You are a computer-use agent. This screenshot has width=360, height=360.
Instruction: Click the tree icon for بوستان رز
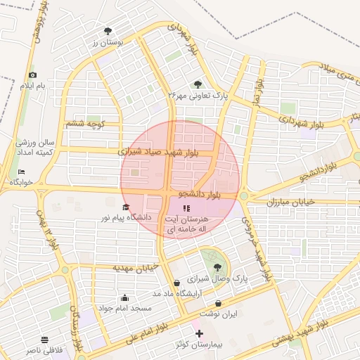[108, 31]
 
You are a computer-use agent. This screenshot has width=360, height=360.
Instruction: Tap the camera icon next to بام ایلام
[32, 75]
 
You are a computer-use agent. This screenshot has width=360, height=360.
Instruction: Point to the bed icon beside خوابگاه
[21, 172]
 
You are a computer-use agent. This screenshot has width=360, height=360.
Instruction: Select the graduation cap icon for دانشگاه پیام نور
[126, 207]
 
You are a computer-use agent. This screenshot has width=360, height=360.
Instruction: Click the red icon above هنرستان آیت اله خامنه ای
[186, 208]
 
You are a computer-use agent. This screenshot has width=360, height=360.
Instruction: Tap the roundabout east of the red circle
[245, 196]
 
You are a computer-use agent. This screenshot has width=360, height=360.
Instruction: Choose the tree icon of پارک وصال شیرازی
[216, 266]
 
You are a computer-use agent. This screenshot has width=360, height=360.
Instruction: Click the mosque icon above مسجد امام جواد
[125, 297]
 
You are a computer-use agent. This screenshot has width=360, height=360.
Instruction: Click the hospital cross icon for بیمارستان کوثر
[198, 333]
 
